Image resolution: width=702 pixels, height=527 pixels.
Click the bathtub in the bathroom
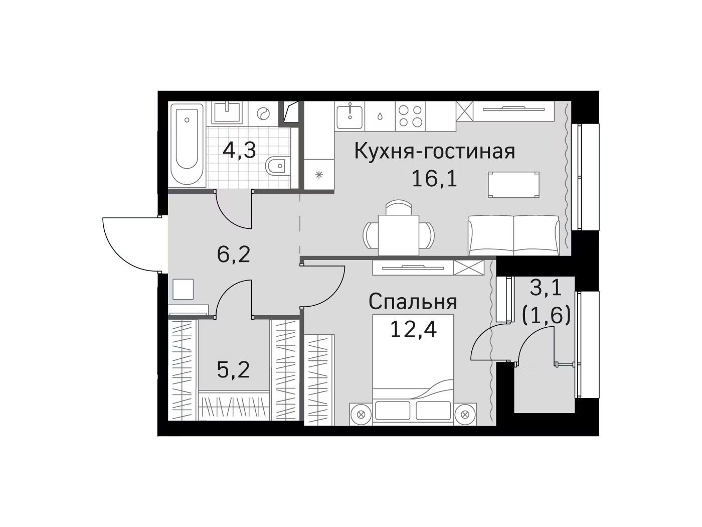pyautogui.click(x=187, y=145)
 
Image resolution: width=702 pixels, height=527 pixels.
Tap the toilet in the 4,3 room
pyautogui.click(x=277, y=166)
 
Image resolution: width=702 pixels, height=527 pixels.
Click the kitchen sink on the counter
pyautogui.click(x=349, y=116)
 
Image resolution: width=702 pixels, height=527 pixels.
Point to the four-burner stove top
pyautogui.click(x=410, y=116)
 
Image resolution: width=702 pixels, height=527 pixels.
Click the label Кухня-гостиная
pyautogui.click(x=434, y=151)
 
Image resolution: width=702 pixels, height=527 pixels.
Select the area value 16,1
pyautogui.click(x=434, y=179)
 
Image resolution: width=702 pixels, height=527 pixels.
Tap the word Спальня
pyautogui.click(x=413, y=302)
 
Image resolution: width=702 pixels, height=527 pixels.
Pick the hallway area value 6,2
pyautogui.click(x=233, y=254)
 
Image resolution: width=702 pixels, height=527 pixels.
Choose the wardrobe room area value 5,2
pyautogui.click(x=233, y=369)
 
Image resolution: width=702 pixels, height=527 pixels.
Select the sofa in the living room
pyautogui.click(x=513, y=235)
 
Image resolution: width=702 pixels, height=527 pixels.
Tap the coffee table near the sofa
pyautogui.click(x=513, y=184)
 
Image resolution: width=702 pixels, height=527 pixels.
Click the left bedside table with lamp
pyautogui.click(x=361, y=414)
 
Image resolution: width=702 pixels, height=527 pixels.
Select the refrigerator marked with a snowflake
pyautogui.click(x=319, y=174)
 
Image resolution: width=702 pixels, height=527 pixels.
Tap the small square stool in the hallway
pyautogui.click(x=183, y=289)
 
